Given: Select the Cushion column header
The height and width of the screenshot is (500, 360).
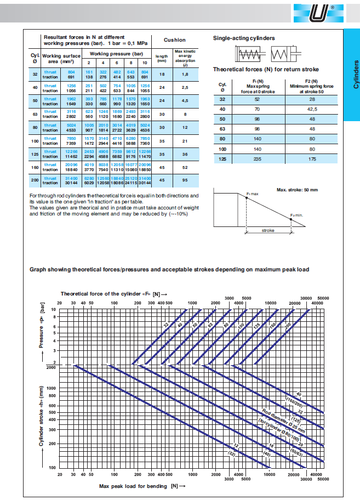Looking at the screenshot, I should click(175, 40).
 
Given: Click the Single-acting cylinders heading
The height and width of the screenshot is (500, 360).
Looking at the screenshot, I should click(244, 38).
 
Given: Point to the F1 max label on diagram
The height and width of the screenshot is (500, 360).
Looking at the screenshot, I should click(252, 195).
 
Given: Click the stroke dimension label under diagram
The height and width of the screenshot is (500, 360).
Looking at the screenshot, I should click(268, 231).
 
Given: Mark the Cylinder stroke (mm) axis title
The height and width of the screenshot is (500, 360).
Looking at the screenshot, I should click(41, 417).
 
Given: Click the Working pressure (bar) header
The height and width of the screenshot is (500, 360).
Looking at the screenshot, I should click(116, 54).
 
